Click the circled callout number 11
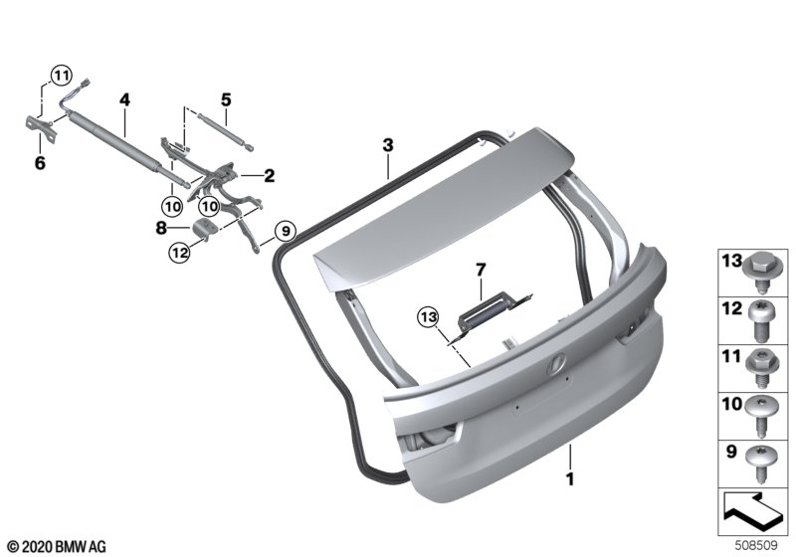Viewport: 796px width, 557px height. [61, 77]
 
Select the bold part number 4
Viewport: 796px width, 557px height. [125, 99]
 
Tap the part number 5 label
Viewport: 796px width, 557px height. [226, 99]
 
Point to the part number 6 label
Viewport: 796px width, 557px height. [40, 163]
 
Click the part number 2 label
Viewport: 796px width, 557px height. [269, 175]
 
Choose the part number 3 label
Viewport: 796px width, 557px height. [388, 145]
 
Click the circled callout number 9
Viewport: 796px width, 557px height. [286, 232]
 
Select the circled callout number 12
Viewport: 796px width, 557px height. [180, 252]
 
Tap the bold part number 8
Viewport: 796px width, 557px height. [161, 229]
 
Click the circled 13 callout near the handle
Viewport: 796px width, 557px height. [428, 317]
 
